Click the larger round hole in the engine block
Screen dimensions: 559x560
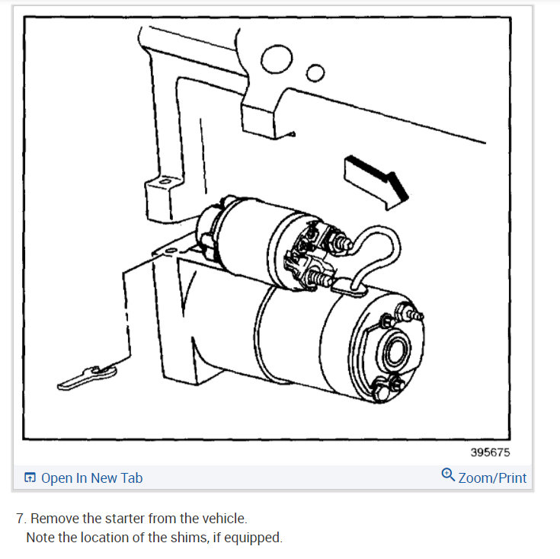pyautogui.click(x=276, y=58)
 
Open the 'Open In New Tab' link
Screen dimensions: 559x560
pyautogui.click(x=91, y=478)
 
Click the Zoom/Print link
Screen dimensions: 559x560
pyautogui.click(x=492, y=478)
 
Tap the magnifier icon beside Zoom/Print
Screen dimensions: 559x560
pyautogui.click(x=448, y=476)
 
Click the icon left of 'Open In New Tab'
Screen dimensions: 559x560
pyautogui.click(x=30, y=478)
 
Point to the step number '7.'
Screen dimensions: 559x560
pyautogui.click(x=21, y=519)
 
